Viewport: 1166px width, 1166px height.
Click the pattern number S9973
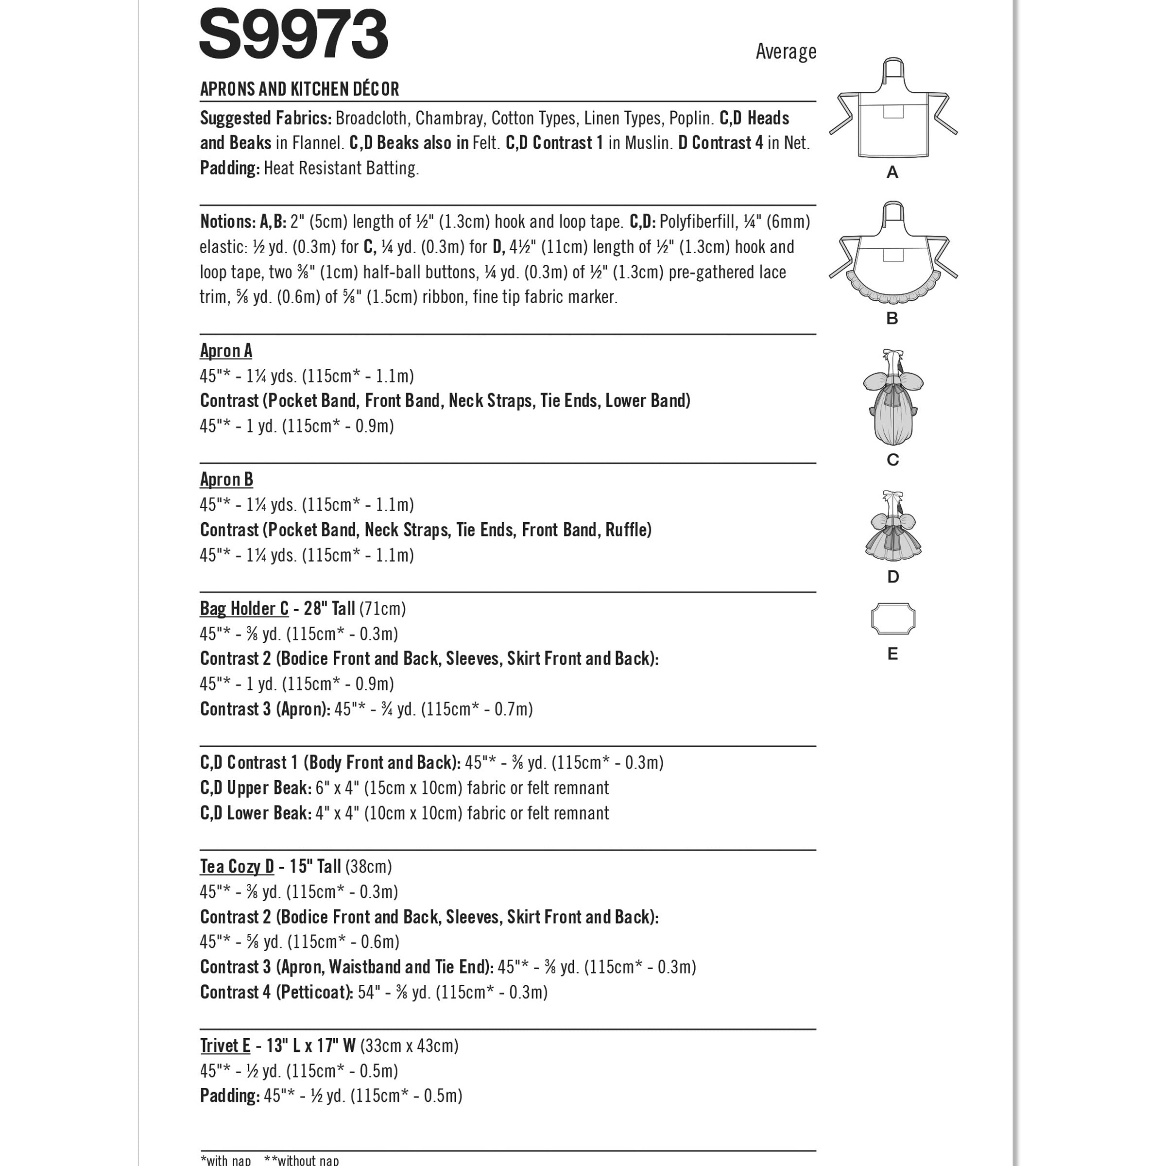tap(293, 35)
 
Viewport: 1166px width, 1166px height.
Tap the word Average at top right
tap(786, 52)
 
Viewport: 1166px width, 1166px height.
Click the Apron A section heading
tap(226, 351)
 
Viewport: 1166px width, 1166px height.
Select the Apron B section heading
tap(226, 480)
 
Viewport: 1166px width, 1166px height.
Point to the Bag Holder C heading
tap(244, 608)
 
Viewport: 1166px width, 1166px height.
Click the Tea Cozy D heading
tap(237, 867)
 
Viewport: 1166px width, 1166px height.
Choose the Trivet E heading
tap(224, 1046)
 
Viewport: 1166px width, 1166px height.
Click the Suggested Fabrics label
tap(266, 118)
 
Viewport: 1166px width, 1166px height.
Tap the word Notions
tap(227, 222)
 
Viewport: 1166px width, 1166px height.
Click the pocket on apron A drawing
tap(894, 112)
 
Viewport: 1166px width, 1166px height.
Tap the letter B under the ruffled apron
tap(892, 319)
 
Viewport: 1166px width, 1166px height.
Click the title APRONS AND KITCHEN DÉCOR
tap(299, 89)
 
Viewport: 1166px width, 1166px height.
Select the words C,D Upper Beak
tap(255, 788)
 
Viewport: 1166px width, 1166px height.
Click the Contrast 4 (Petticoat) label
tap(276, 992)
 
